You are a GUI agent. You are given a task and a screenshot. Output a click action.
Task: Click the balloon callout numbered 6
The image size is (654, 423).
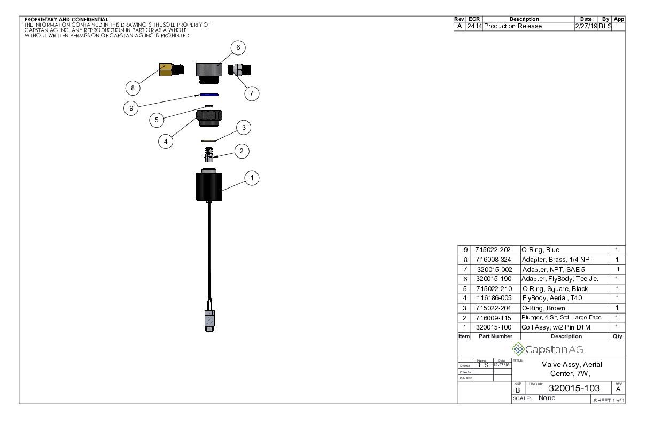[x=238, y=47]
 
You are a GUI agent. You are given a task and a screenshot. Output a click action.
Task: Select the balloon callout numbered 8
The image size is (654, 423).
[x=133, y=87]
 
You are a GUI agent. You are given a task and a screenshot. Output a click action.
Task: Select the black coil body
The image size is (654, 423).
[x=209, y=187]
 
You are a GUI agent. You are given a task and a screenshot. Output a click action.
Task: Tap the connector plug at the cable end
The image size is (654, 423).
[x=208, y=318]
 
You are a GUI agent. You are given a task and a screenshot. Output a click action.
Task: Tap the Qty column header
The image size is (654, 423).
[x=617, y=336]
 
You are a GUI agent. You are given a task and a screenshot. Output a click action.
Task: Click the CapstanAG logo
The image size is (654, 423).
[x=548, y=349]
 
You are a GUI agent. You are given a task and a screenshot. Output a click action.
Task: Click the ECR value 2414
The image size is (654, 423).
[x=474, y=26]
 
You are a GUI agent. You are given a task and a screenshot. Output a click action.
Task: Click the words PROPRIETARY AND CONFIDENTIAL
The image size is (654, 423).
[x=66, y=20]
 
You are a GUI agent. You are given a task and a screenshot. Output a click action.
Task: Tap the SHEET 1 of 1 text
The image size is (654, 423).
[x=608, y=401]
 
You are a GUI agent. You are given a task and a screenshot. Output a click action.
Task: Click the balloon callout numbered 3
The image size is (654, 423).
[x=243, y=128]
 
